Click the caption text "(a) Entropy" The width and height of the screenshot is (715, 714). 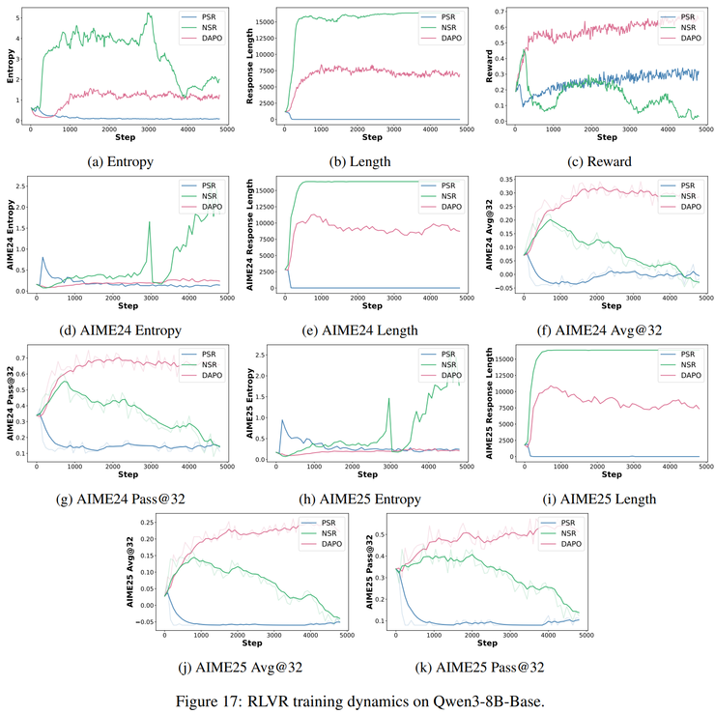(121, 161)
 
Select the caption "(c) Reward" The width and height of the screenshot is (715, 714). (600, 161)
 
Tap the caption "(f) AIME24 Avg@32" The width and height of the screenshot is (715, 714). (600, 330)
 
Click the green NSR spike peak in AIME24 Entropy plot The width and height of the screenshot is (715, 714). (150, 222)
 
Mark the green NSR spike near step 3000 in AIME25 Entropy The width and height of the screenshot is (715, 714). (389, 399)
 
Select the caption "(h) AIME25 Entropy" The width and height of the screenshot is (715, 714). (359, 499)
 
